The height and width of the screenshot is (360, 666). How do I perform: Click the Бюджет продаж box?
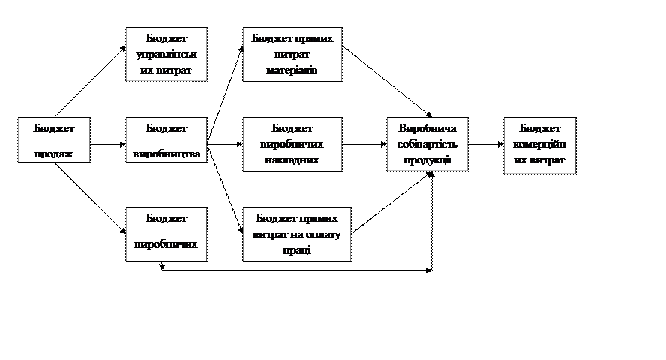point(54,139)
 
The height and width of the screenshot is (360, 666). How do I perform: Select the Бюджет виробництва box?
point(166,139)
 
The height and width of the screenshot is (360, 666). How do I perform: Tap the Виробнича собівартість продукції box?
point(427,144)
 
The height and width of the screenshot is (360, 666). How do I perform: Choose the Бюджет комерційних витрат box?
point(539,145)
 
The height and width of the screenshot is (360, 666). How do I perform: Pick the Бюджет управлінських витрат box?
point(166,54)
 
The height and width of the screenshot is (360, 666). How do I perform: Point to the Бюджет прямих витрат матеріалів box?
point(292,54)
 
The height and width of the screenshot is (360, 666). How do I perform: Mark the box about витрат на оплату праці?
point(296,234)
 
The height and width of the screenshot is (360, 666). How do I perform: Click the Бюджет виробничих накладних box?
point(292,144)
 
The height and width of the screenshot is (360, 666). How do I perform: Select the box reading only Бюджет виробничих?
point(166,234)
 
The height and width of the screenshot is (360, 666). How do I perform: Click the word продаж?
point(54,154)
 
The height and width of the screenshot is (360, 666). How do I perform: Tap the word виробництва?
point(166,154)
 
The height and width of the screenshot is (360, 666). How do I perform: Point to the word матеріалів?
point(292,70)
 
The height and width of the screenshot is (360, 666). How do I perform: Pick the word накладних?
point(292,160)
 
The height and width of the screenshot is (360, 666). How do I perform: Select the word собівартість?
point(427,144)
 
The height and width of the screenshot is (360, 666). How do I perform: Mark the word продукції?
point(427,160)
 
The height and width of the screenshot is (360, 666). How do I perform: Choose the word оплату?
point(324,234)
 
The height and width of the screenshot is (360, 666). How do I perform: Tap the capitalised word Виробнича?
point(427,128)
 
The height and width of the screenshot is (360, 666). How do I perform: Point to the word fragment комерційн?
point(539,145)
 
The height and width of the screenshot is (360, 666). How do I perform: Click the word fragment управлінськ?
point(166,55)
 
